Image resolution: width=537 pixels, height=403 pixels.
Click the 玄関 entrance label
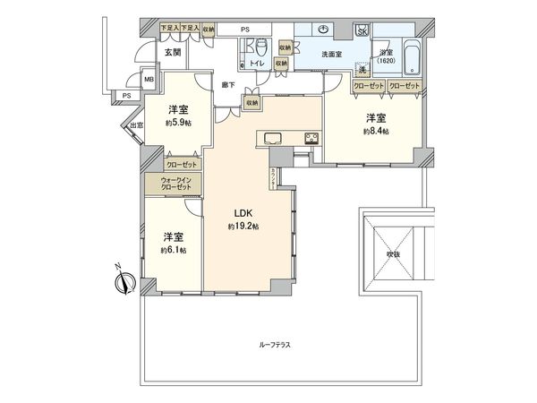(x=173, y=52)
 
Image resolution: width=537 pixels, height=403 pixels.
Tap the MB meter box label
(x=149, y=79)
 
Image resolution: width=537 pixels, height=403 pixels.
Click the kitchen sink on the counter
(x=274, y=138)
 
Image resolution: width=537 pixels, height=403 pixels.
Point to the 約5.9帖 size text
(x=178, y=124)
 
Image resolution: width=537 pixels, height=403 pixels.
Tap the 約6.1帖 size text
(x=174, y=250)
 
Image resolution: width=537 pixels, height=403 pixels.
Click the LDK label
(x=244, y=213)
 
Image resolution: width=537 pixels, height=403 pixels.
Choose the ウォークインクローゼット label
(x=174, y=184)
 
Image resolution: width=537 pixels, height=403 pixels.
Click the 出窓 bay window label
(x=135, y=125)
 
